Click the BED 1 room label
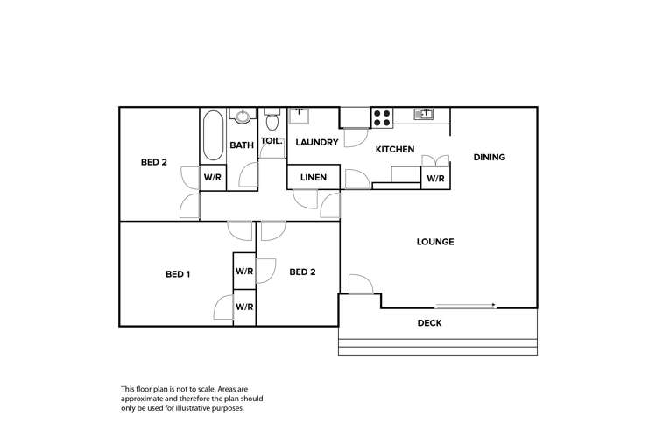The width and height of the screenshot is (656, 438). [178, 274]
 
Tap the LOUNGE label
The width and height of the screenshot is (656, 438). [435, 242]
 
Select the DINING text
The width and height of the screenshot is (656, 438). [490, 157]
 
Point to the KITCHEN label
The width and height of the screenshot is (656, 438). [395, 150]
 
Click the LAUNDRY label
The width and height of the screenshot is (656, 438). [316, 142]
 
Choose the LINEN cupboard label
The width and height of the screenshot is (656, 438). [314, 178]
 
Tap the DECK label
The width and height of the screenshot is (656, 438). [429, 323]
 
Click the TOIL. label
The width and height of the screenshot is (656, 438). [272, 140]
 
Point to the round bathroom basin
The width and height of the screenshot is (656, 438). [242, 115]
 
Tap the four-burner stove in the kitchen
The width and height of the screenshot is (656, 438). [382, 117]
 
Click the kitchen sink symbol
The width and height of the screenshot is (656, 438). [423, 114]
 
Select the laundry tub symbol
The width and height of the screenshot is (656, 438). [300, 115]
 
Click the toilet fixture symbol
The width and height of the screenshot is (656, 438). [272, 117]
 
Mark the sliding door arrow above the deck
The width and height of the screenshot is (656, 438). [465, 306]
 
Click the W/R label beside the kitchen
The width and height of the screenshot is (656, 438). [435, 178]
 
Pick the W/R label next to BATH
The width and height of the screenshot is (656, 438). [213, 177]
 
